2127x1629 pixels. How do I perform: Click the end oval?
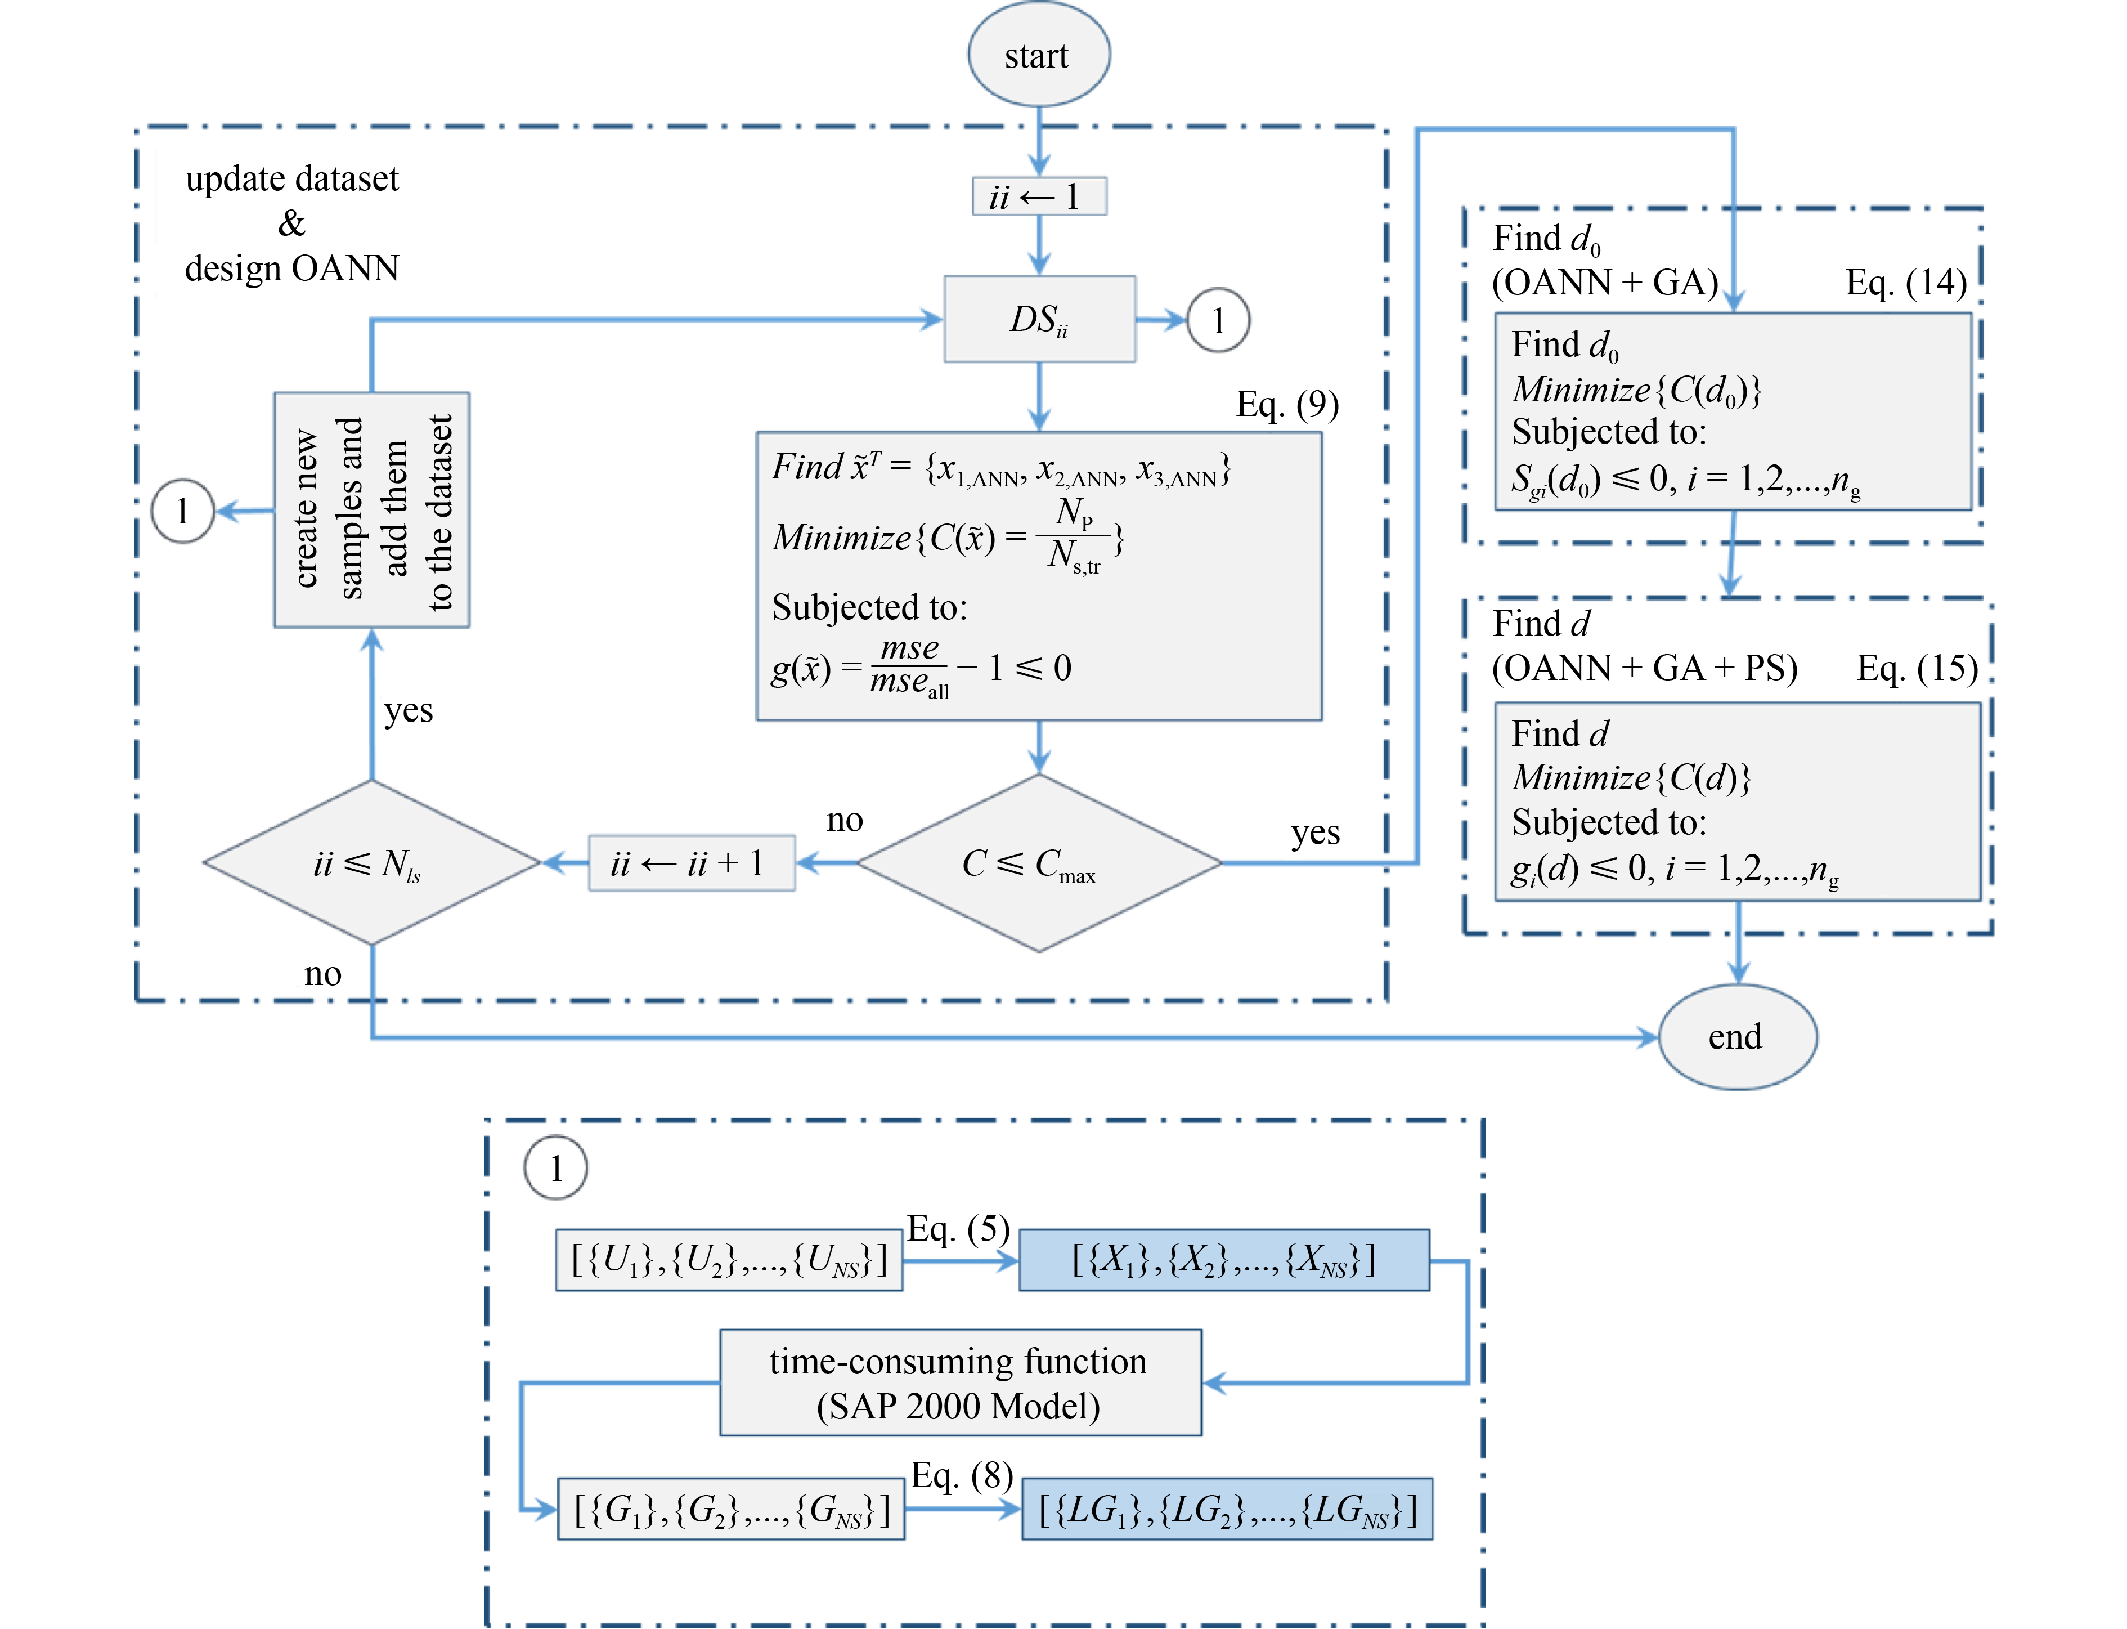(1737, 1036)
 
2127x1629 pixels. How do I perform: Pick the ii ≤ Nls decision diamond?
(371, 862)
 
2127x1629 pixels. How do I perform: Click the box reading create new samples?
(371, 510)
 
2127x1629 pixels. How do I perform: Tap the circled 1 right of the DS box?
(1218, 320)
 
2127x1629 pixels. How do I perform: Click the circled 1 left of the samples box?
(182, 511)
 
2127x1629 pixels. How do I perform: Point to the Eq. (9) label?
(1286, 404)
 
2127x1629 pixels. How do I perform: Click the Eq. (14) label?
(1905, 282)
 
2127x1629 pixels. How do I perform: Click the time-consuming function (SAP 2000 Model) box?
(960, 1382)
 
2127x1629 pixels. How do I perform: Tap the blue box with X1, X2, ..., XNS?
(1223, 1260)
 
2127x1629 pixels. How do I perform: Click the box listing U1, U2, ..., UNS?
(729, 1260)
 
